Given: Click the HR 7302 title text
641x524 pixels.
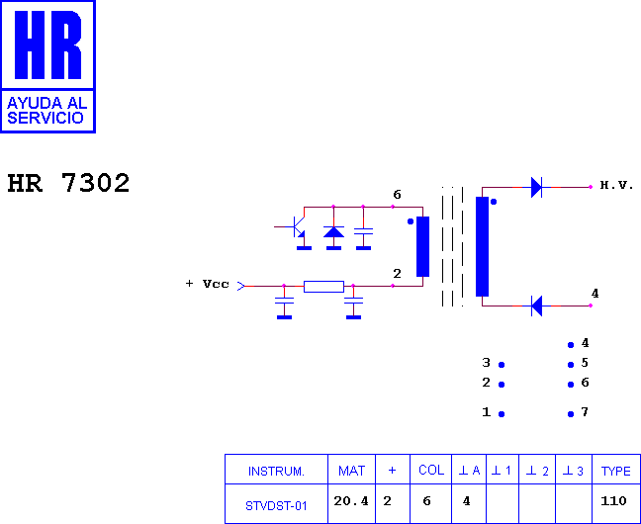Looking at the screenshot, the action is [x=68, y=183].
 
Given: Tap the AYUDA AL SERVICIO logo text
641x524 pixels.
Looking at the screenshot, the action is [x=47, y=111].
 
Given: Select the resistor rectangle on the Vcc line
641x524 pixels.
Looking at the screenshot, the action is [x=323, y=287].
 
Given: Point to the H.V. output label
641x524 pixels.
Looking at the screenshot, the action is [x=616, y=185].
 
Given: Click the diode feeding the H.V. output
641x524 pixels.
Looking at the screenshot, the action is [x=537, y=187].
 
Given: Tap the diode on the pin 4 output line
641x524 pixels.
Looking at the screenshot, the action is [x=537, y=306].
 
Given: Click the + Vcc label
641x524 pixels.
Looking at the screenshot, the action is [x=208, y=284].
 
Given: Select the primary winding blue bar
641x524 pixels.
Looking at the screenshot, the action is [x=422, y=246].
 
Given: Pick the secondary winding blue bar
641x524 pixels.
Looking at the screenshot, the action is [x=482, y=246].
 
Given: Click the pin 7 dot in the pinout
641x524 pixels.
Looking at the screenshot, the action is [x=571, y=414].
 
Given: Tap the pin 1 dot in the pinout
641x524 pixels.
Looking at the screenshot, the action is [x=502, y=414].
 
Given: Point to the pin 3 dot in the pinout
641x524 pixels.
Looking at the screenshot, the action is [x=502, y=365].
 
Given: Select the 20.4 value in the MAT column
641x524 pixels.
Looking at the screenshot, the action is [x=351, y=500].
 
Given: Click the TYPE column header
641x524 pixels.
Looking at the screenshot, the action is [x=615, y=471].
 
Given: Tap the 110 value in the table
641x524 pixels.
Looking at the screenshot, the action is [x=613, y=500].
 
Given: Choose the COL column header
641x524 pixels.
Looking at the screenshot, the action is [x=431, y=470].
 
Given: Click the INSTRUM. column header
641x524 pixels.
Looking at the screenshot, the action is [x=276, y=472].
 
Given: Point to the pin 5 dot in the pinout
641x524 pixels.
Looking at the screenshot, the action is [x=571, y=365].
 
